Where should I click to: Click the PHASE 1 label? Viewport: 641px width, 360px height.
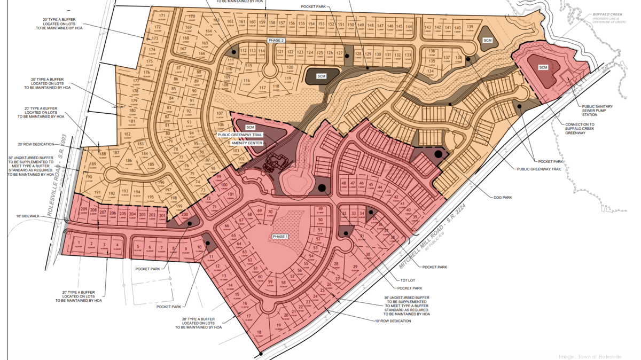(x=280, y=237)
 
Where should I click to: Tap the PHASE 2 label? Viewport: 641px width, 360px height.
(x=276, y=41)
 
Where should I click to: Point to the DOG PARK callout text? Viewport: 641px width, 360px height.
(x=503, y=198)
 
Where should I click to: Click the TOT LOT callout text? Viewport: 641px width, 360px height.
(x=408, y=279)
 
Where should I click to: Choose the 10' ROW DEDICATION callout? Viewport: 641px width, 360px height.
(x=393, y=321)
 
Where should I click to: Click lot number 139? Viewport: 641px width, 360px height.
(x=470, y=27)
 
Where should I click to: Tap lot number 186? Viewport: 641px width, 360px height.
(x=128, y=160)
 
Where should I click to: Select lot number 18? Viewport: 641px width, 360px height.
(x=259, y=332)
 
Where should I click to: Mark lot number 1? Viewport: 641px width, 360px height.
(x=79, y=244)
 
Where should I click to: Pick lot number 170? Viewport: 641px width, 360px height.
(x=192, y=17)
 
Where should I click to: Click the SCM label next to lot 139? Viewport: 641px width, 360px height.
(x=487, y=41)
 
